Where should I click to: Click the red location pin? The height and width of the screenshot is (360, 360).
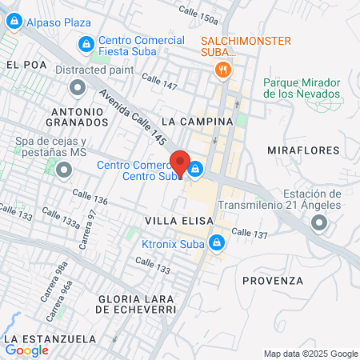pyautogui.click(x=180, y=163)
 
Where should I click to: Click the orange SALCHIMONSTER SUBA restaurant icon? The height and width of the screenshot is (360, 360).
pyautogui.click(x=223, y=70)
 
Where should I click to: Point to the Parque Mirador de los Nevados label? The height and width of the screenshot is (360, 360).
pyautogui.click(x=302, y=88)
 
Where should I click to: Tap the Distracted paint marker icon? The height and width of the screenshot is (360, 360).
pyautogui.click(x=78, y=86)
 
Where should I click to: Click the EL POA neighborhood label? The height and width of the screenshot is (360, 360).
pyautogui.click(x=22, y=64)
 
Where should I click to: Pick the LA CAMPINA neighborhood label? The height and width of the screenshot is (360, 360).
pyautogui.click(x=196, y=122)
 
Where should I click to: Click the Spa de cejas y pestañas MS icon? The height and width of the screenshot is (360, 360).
pyautogui.click(x=62, y=169)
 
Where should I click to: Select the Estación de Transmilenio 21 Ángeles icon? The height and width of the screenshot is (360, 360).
pyautogui.click(x=320, y=223)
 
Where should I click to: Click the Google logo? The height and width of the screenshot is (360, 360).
pyautogui.click(x=27, y=350)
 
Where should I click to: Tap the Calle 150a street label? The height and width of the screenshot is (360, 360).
pyautogui.click(x=198, y=14)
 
